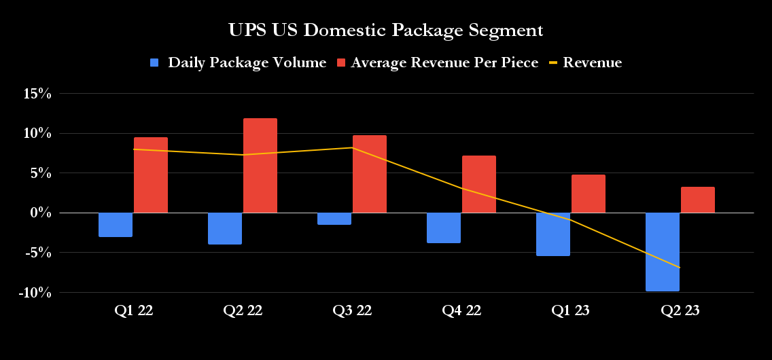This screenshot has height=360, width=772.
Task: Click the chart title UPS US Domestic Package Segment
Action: tap(385, 31)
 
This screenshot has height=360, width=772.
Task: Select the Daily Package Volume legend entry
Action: tap(239, 63)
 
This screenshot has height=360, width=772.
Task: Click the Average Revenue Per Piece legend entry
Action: tap(438, 63)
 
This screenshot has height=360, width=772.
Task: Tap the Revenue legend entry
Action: tap(585, 63)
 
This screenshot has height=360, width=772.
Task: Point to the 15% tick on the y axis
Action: tap(37, 94)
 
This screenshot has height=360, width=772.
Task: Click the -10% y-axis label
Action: tap(35, 293)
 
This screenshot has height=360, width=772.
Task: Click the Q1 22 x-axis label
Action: tap(133, 311)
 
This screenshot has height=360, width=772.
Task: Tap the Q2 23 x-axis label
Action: tap(680, 311)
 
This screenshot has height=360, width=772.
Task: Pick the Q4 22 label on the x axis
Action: tap(461, 311)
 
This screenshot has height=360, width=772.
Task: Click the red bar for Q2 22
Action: tap(260, 166)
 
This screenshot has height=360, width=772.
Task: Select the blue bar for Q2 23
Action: tap(662, 252)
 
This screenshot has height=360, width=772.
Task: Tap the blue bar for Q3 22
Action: tap(334, 219)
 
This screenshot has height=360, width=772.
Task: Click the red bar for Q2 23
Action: tap(697, 200)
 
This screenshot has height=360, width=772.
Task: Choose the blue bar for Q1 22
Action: tap(116, 225)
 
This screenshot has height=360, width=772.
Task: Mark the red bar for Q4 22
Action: tap(479, 185)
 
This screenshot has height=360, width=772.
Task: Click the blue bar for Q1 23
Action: tap(553, 234)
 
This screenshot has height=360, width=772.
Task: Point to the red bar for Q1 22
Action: tap(151, 175)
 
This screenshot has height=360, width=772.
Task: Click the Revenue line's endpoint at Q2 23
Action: tap(679, 268)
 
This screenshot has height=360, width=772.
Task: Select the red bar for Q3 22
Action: tap(370, 174)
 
